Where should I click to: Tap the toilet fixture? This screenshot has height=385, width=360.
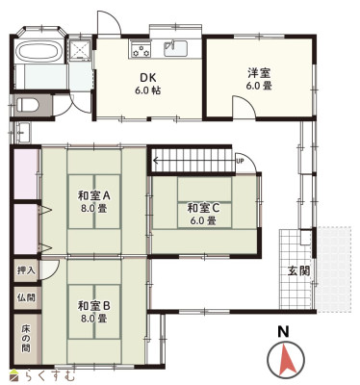(x=28, y=105)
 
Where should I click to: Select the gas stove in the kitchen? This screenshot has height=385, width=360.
(x=141, y=49)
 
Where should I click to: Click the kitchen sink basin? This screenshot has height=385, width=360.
(x=175, y=49)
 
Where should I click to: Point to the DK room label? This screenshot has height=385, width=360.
(x=148, y=78)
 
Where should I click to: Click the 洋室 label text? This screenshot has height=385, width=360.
(x=259, y=73)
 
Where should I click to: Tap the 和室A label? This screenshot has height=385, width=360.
(x=94, y=195)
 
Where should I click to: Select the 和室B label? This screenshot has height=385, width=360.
(x=94, y=306)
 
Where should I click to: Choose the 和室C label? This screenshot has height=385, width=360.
(x=203, y=208)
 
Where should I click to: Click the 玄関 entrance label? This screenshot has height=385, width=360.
(x=298, y=271)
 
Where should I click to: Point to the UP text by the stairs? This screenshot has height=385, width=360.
(x=240, y=162)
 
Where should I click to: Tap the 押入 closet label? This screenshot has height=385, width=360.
(x=26, y=270)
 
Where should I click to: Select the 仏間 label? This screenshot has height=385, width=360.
(x=26, y=297)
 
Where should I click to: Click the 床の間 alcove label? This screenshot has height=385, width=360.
(x=26, y=339)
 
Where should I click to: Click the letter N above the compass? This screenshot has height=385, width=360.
(x=283, y=331)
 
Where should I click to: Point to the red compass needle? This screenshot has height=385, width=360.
(x=286, y=359)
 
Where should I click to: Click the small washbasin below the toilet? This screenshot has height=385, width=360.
(x=23, y=133)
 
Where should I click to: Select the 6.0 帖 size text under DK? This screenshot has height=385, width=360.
(x=148, y=90)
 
